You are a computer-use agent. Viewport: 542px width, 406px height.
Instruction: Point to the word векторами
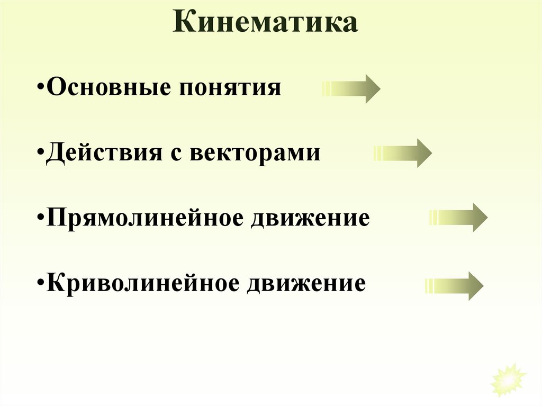click(255, 153)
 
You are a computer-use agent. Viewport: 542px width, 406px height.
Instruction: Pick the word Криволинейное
click(142, 283)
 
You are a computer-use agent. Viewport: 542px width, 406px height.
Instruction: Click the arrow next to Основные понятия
click(351, 88)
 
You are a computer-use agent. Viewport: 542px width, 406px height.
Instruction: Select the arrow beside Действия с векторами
click(403, 154)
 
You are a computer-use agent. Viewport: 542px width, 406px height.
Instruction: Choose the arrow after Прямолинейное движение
click(458, 218)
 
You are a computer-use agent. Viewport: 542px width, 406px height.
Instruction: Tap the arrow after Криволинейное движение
click(454, 286)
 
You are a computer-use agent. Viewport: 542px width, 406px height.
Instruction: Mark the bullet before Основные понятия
click(41, 88)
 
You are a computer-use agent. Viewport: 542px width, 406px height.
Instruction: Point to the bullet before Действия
click(41, 154)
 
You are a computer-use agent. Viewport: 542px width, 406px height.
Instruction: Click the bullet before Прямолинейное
click(41, 219)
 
